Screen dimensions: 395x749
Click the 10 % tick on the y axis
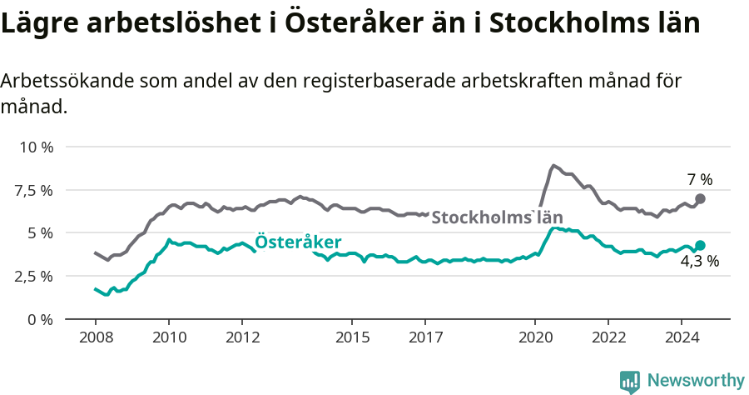(x=36, y=147)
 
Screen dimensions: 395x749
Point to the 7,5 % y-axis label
(x=33, y=190)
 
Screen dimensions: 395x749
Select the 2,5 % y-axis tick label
(x=33, y=276)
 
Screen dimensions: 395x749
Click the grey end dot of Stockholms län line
(x=700, y=198)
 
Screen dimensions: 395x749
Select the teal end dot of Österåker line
(x=700, y=245)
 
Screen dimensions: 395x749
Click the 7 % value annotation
(x=700, y=179)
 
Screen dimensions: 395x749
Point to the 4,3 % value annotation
(x=699, y=261)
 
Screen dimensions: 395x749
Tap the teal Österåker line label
(x=297, y=242)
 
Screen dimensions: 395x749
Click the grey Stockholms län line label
(x=497, y=218)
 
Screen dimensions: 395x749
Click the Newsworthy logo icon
(x=630, y=381)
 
